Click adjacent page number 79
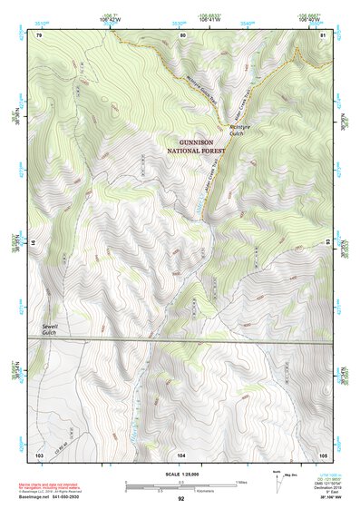click(39, 34)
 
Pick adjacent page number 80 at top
click(182, 34)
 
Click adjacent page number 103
click(39, 454)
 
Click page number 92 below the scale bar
click(181, 499)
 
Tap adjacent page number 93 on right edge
click(328, 244)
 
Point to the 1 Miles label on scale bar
click(240, 482)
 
